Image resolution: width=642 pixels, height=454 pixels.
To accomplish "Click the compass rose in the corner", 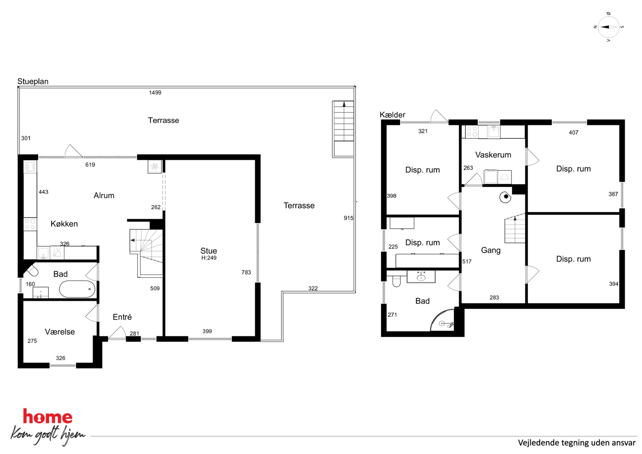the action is [x=609, y=27].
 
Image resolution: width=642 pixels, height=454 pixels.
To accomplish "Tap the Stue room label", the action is [x=208, y=251].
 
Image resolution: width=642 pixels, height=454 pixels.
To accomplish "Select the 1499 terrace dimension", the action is [x=155, y=93].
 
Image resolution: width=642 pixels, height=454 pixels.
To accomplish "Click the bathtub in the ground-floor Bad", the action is [x=77, y=289].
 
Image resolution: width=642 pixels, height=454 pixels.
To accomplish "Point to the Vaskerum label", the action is [x=493, y=155].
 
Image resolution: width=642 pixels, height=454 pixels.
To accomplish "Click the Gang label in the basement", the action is [x=491, y=250].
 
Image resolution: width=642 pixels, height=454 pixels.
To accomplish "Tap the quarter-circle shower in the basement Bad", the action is [x=442, y=320].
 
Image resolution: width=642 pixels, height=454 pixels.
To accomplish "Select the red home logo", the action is [x=48, y=417].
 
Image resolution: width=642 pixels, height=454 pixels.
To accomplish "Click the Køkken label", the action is [x=64, y=224].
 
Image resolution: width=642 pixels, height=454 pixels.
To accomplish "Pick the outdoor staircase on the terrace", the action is [x=343, y=129].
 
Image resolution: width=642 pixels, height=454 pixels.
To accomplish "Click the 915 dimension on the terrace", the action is [x=348, y=218].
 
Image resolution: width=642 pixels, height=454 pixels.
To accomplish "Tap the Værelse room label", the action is [x=60, y=332].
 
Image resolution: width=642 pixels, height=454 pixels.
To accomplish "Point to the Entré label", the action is [x=122, y=317].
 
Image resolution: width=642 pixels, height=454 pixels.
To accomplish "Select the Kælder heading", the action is [x=392, y=115].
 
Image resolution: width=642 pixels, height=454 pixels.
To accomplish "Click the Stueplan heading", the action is [x=33, y=82].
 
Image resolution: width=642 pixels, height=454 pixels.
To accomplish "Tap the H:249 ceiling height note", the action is [x=209, y=258].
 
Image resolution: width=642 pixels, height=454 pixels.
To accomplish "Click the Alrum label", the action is [x=104, y=195].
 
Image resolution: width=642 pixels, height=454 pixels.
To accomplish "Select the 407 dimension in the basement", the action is [x=573, y=132].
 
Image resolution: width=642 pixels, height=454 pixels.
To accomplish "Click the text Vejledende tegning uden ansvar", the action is [x=577, y=443].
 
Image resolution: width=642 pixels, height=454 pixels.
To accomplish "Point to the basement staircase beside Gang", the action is [x=515, y=228].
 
